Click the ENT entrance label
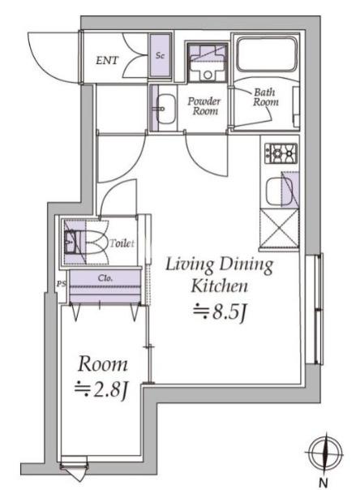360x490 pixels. coord(107,59)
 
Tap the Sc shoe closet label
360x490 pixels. coord(160,55)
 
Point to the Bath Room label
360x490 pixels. coord(265,97)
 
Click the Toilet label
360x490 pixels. coord(119,243)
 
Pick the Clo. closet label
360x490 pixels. coord(105,277)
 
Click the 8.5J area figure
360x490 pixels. coord(221,311)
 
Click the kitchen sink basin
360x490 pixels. coord(280,193)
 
